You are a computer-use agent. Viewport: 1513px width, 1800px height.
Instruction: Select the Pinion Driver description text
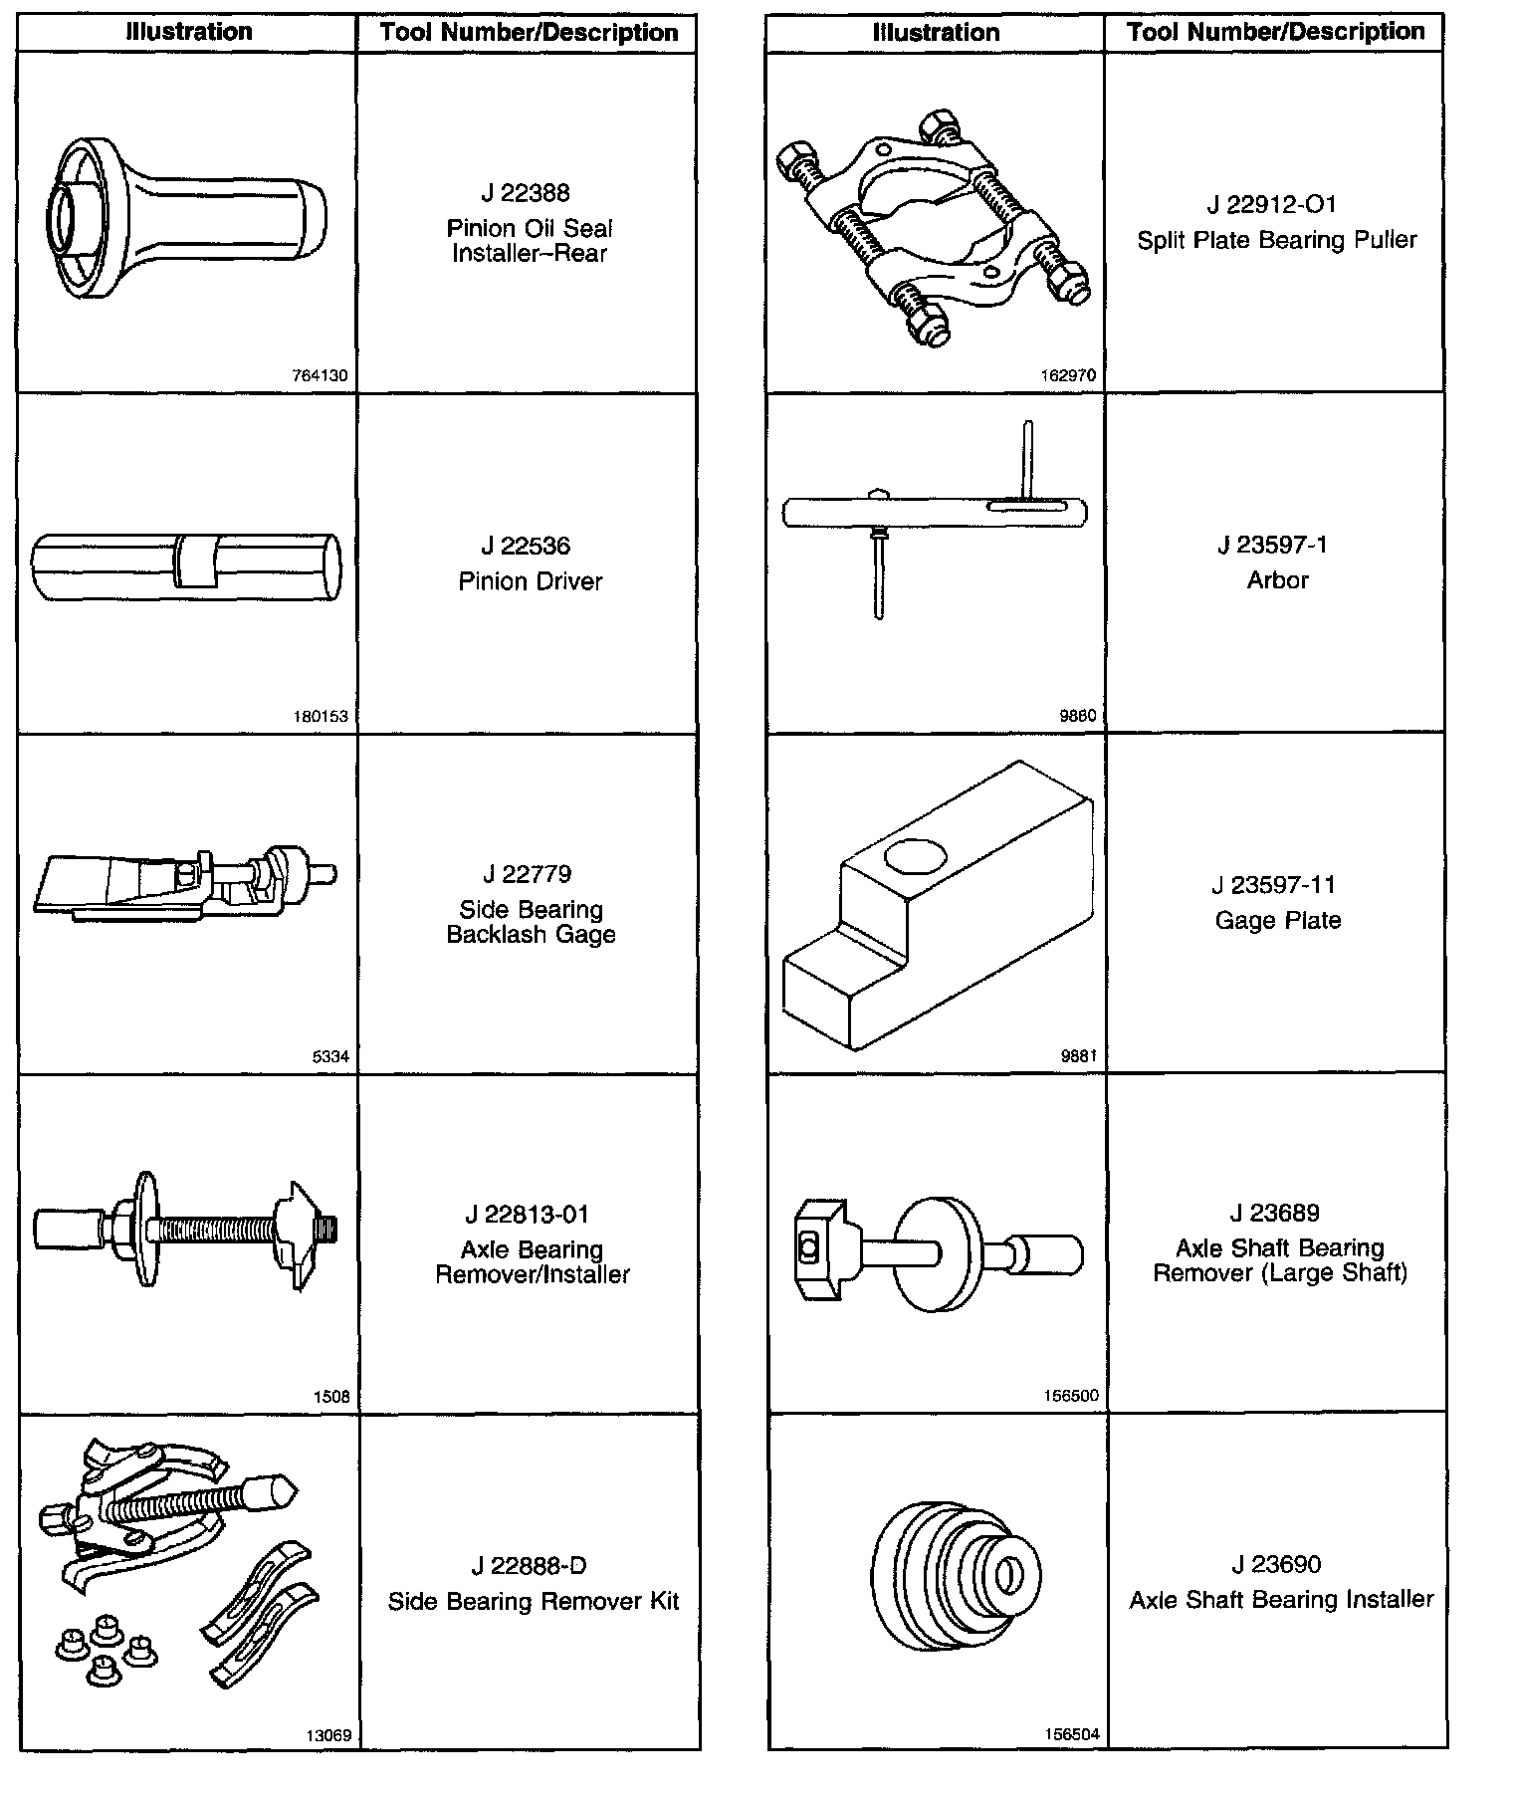530,581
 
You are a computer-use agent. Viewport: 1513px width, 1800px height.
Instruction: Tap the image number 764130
321,376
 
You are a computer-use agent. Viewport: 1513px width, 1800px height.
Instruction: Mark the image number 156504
1071,1734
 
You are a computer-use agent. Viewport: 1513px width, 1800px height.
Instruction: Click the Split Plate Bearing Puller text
1277,240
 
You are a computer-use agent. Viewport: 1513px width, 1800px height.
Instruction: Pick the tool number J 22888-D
529,1566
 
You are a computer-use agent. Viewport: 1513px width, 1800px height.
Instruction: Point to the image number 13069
327,1735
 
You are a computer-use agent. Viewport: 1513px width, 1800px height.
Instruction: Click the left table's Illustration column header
188,32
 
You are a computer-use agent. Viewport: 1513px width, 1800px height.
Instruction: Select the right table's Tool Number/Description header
1275,32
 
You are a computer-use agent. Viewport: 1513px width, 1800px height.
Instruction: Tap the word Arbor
1277,580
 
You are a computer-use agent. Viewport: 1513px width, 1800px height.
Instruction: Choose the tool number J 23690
1276,1564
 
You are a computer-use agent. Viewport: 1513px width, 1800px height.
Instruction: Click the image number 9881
1078,1056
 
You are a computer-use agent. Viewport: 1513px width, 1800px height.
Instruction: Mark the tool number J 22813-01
527,1215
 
